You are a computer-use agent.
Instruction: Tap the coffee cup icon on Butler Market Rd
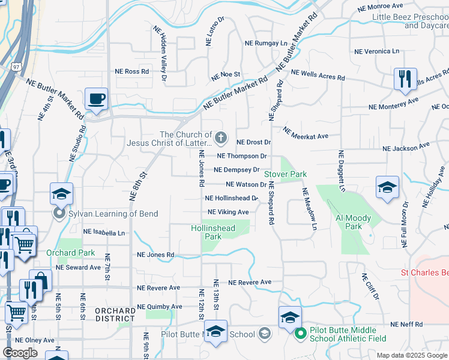pos(96,98)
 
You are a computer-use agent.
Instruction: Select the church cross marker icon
pos(221,139)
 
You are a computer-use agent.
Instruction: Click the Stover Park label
pos(286,174)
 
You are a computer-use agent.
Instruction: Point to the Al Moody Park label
pos(354,223)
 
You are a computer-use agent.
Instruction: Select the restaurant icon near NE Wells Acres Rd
pos(405,79)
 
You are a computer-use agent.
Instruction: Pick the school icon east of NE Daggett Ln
pos(387,187)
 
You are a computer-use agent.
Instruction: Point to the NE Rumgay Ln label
pos(266,43)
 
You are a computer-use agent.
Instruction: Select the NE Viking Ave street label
pos(228,212)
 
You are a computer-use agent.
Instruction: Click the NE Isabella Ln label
pos(104,232)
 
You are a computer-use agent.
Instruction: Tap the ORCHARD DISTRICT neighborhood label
pos(115,314)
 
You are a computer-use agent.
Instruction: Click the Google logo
pos(20,353)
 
